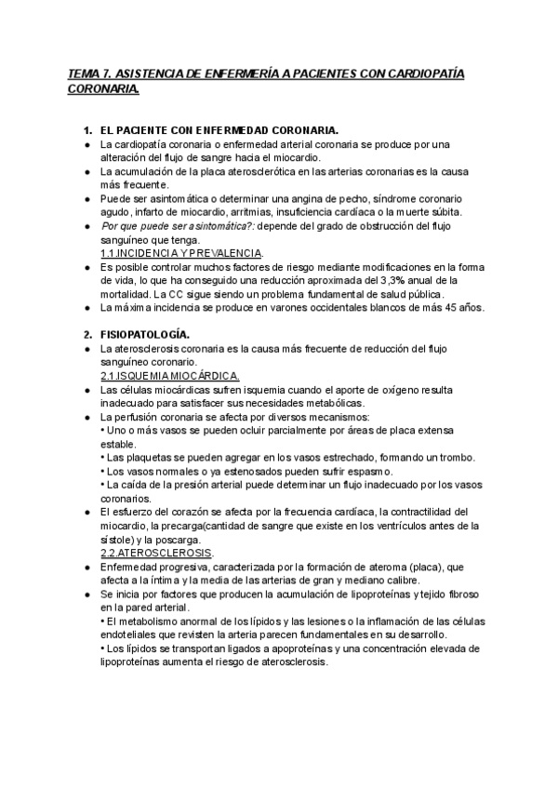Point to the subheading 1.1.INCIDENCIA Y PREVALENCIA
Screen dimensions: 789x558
coord(181,253)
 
